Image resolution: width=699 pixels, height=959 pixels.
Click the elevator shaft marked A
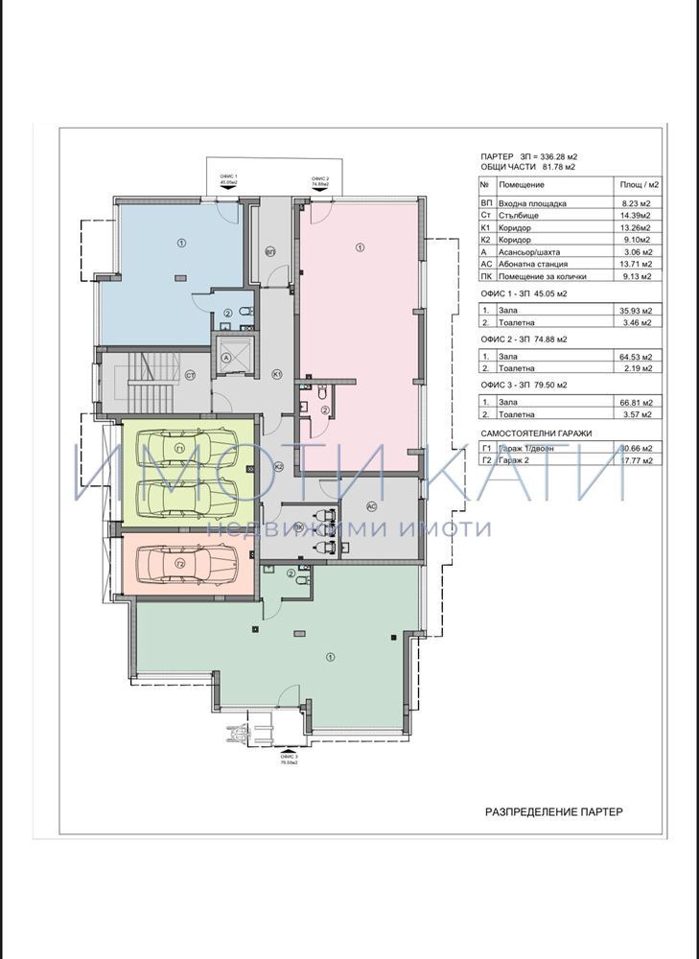(226, 356)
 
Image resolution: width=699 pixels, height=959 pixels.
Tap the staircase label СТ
(190, 375)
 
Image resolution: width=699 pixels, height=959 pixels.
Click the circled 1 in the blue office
(182, 245)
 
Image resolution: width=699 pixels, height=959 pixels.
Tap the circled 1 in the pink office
(360, 247)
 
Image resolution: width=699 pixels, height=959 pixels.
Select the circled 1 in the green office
(331, 657)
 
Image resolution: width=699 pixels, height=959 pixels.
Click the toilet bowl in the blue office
(246, 310)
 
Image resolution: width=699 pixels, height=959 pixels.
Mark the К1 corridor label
(276, 373)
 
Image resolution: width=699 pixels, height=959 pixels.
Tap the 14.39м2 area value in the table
(633, 216)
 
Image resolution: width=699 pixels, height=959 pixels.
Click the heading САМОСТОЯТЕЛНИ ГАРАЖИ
(536, 433)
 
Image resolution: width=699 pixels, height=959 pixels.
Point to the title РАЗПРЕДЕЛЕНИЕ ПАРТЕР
(553, 811)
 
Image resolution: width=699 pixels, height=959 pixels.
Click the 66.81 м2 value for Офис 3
(633, 403)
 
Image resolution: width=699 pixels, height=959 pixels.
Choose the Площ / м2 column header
(637, 184)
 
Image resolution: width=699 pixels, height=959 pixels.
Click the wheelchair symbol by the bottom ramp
(229, 736)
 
